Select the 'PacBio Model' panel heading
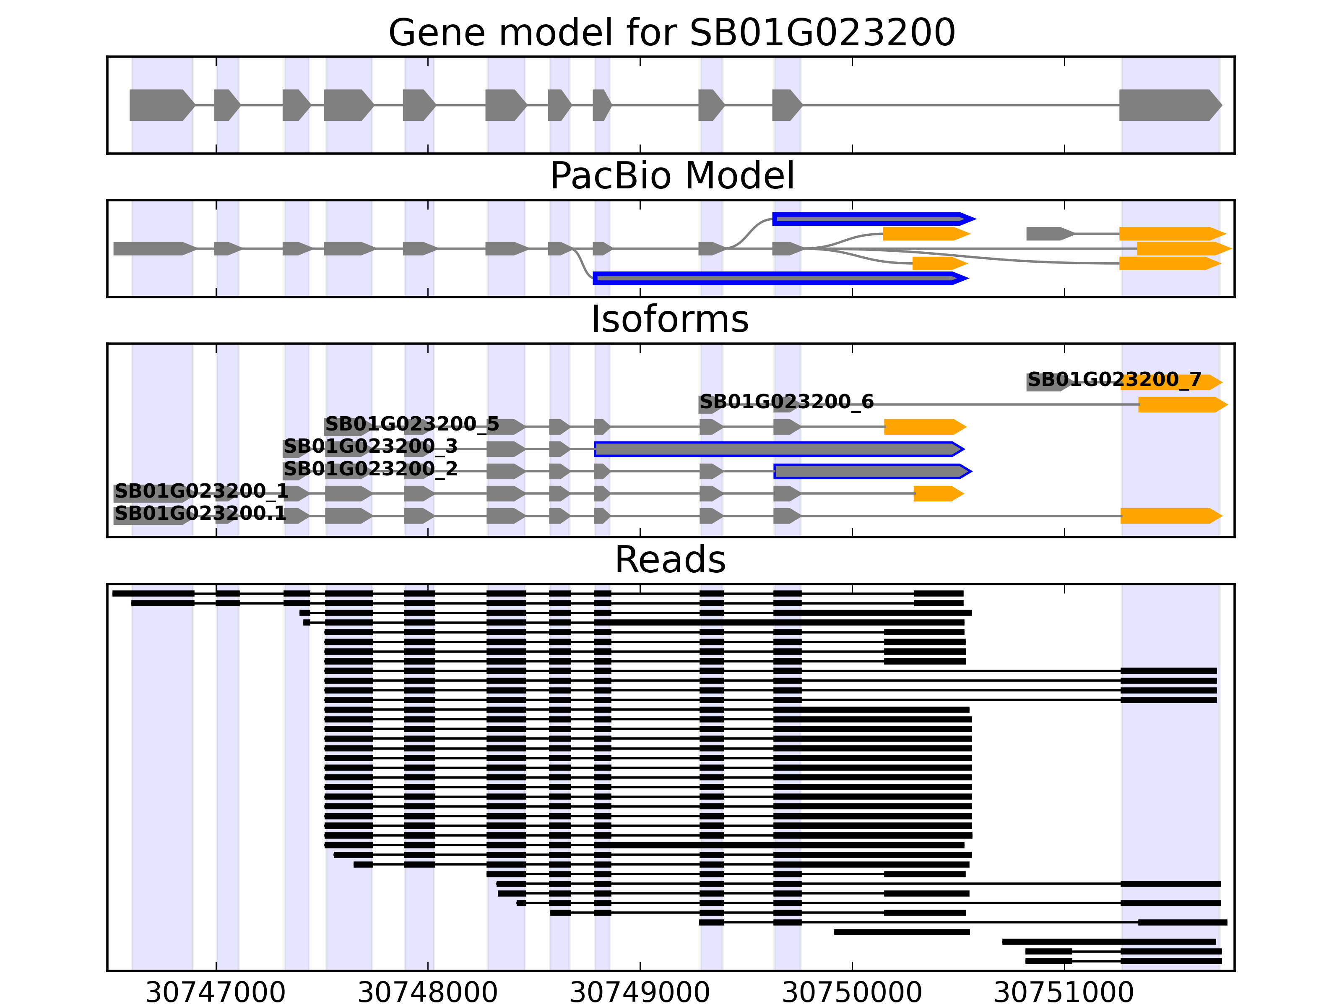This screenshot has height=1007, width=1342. click(671, 176)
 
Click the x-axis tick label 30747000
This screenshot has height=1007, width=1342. click(216, 992)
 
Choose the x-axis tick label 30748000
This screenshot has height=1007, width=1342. click(428, 992)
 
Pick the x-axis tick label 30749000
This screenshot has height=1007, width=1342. click(640, 992)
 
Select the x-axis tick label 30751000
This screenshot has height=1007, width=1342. click(1064, 992)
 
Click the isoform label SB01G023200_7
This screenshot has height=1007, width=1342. click(1114, 380)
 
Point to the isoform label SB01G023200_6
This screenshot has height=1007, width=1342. click(786, 402)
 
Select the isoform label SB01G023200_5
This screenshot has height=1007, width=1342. click(412, 424)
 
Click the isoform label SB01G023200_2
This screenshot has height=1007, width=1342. click(370, 469)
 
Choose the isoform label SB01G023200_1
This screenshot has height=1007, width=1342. click(201, 491)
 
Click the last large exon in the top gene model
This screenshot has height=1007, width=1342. click(1168, 105)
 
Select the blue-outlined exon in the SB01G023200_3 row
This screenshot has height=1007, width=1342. click(777, 449)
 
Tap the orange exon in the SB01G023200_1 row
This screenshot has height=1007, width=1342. click(937, 493)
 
